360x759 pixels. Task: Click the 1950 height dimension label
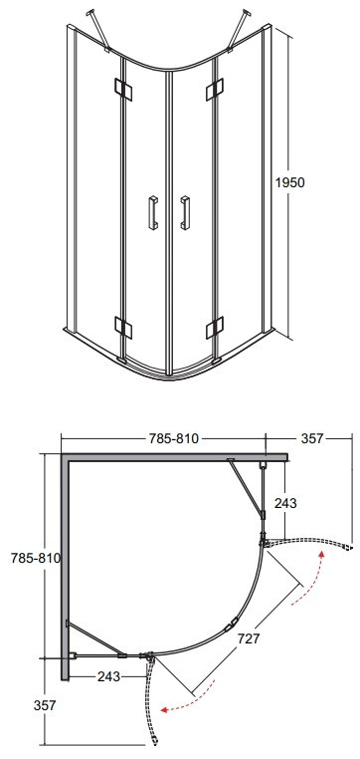pyautogui.click(x=290, y=182)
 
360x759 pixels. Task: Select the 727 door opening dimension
pyautogui.click(x=250, y=638)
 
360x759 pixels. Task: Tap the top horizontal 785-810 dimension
pyautogui.click(x=174, y=438)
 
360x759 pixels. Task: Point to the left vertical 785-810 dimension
pyautogui.click(x=36, y=558)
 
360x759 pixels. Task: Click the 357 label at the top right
pyautogui.click(x=311, y=438)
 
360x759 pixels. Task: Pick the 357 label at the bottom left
pyautogui.click(x=45, y=706)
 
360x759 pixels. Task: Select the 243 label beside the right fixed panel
pyautogui.click(x=285, y=503)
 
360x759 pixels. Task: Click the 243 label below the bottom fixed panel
pyautogui.click(x=108, y=676)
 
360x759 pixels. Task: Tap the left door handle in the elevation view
pyautogui.click(x=153, y=212)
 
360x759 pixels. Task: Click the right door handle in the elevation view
pyautogui.click(x=185, y=212)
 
